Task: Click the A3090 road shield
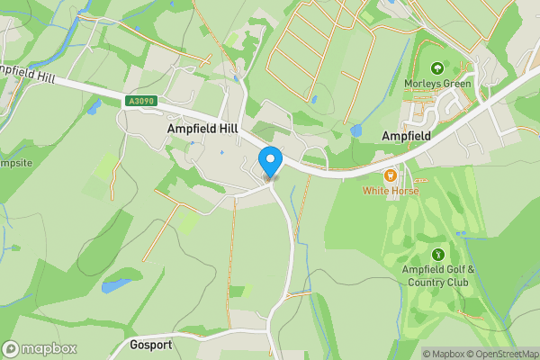pyautogui.click(x=141, y=103)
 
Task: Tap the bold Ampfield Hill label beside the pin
pyautogui.click(x=203, y=130)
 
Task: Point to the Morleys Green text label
pyautogui.click(x=438, y=85)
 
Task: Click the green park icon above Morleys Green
pyautogui.click(x=438, y=67)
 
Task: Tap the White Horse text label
pyautogui.click(x=391, y=191)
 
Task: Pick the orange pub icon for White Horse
pyautogui.click(x=391, y=175)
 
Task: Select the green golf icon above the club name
pyautogui.click(x=438, y=255)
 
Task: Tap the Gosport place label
pyautogui.click(x=149, y=346)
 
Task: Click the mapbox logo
pyautogui.click(x=40, y=348)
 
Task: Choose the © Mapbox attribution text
pyautogui.click(x=445, y=354)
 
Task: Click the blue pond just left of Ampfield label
pyautogui.click(x=356, y=131)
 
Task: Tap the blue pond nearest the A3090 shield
pyautogui.click(x=94, y=107)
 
